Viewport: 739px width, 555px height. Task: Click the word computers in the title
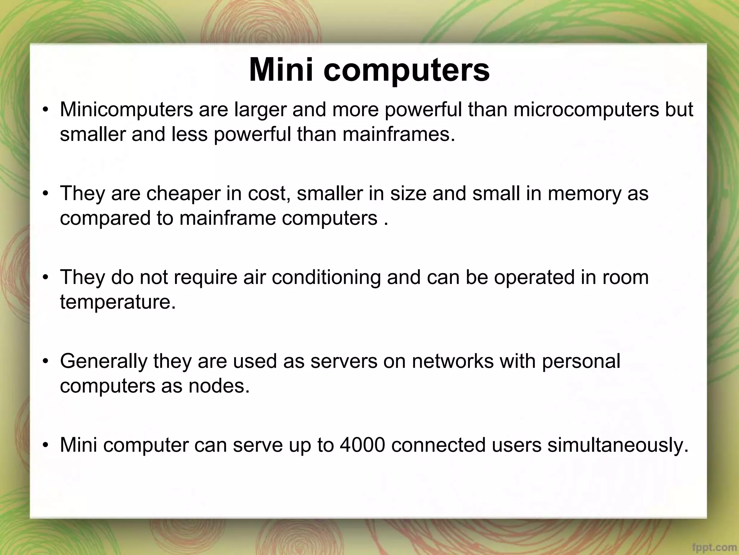[406, 70]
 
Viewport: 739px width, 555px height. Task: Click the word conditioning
[326, 277]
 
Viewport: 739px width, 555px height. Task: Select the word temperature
[118, 302]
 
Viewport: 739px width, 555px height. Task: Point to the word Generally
[104, 361]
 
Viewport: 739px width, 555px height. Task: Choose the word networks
[452, 361]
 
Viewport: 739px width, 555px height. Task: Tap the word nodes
[219, 386]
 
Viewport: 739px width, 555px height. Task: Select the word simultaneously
[618, 446]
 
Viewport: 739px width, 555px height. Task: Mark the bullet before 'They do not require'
[45, 278]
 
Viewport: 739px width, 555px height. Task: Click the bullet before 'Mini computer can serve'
[45, 445]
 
